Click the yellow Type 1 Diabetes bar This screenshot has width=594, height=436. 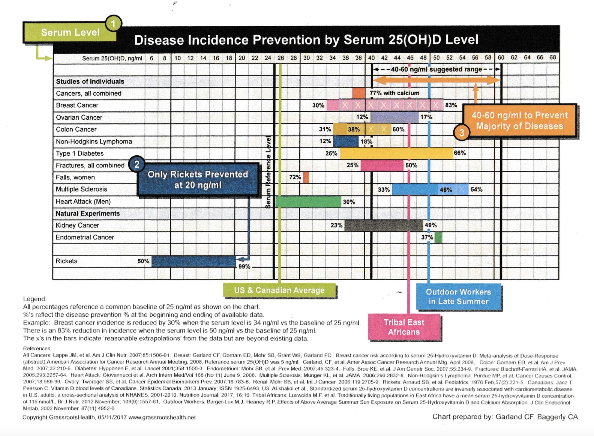[396, 153]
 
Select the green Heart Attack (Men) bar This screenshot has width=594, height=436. [308, 201]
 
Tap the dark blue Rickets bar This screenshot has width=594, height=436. [194, 261]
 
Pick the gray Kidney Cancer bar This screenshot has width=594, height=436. [383, 226]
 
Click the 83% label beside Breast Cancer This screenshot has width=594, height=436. [451, 105]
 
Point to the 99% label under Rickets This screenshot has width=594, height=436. [244, 267]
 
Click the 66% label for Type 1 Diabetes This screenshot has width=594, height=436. [460, 153]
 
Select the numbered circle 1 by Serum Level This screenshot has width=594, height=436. [113, 24]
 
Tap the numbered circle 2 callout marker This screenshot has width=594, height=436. [137, 164]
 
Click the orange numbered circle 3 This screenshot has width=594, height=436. [462, 132]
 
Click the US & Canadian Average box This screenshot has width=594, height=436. [279, 290]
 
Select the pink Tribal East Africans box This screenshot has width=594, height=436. [404, 327]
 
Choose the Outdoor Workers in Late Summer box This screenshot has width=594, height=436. [458, 297]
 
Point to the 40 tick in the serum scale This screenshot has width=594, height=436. [371, 58]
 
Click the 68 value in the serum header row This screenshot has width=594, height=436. [553, 57]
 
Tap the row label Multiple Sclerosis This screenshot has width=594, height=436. [81, 189]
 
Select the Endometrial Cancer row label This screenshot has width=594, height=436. [85, 238]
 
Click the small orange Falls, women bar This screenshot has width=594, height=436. [306, 177]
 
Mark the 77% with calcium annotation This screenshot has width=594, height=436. [394, 93]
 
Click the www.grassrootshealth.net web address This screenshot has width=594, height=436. [162, 417]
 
